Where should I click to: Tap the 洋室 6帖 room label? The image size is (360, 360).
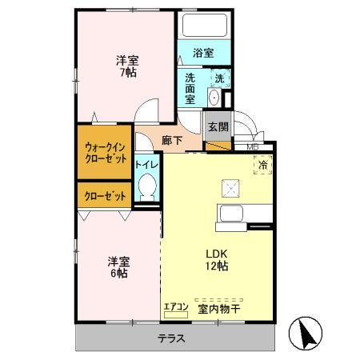coord(118,266)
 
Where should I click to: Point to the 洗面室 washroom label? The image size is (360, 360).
coord(190,89)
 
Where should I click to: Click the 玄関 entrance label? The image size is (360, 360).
coord(218,126)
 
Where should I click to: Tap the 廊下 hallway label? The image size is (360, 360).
coord(170,140)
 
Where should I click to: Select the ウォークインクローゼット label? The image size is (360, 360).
coord(106,153)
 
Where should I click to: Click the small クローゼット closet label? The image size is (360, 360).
coord(106,194)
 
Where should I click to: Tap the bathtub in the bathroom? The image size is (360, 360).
coord(204,26)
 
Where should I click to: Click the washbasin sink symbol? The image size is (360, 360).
coord(214,96)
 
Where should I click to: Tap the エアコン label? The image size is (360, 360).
coord(175,306)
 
